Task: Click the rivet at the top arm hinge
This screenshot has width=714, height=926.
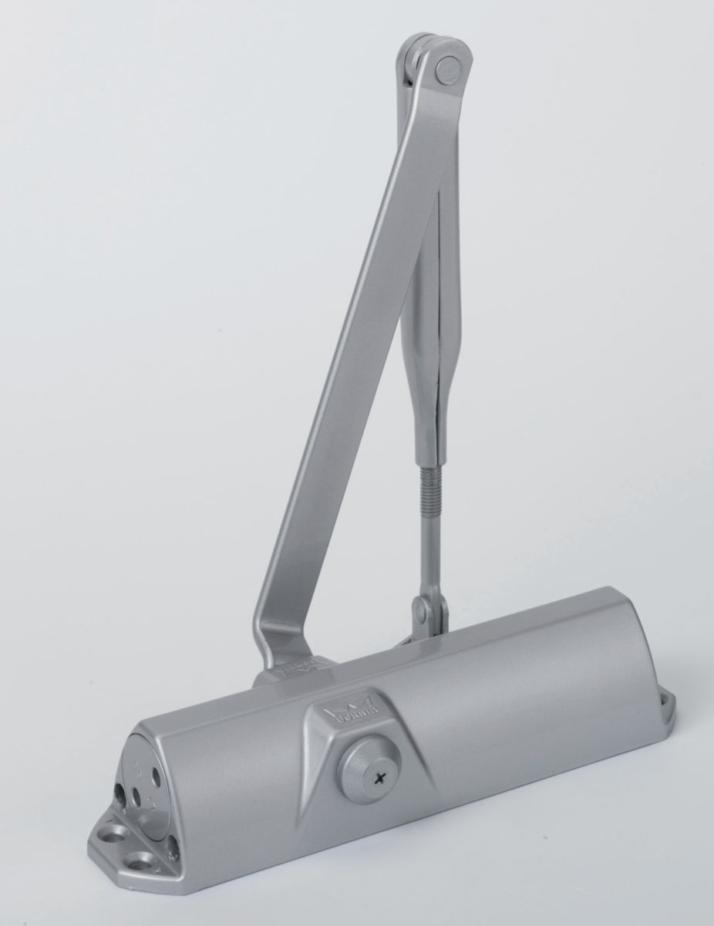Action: [446, 72]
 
